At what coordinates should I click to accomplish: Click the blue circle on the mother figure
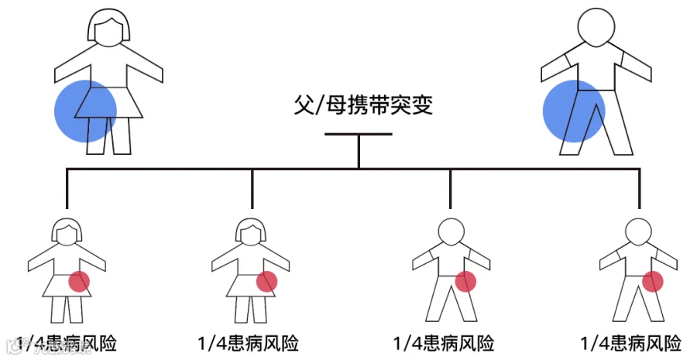(85, 111)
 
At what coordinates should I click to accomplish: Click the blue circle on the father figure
(574, 111)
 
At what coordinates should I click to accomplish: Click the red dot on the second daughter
(267, 282)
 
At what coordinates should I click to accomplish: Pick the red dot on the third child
(465, 282)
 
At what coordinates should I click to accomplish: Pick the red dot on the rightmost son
(653, 282)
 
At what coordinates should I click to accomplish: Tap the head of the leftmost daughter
(67, 231)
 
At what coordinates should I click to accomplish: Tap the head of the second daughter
(252, 231)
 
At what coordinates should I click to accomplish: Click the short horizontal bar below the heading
(358, 135)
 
